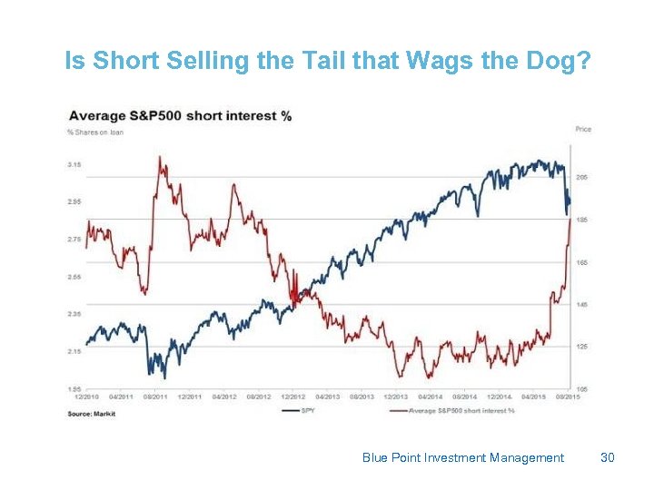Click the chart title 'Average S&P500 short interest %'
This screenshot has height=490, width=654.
click(x=179, y=116)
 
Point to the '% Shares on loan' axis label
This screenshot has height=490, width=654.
click(x=95, y=132)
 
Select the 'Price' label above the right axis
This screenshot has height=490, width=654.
click(x=582, y=130)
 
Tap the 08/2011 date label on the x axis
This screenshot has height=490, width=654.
click(x=154, y=397)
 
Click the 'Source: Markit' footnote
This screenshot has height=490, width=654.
click(x=92, y=414)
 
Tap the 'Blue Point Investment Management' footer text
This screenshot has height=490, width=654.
click(x=462, y=458)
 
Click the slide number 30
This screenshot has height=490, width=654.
click(x=608, y=458)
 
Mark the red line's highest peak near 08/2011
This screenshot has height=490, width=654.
click(x=161, y=157)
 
